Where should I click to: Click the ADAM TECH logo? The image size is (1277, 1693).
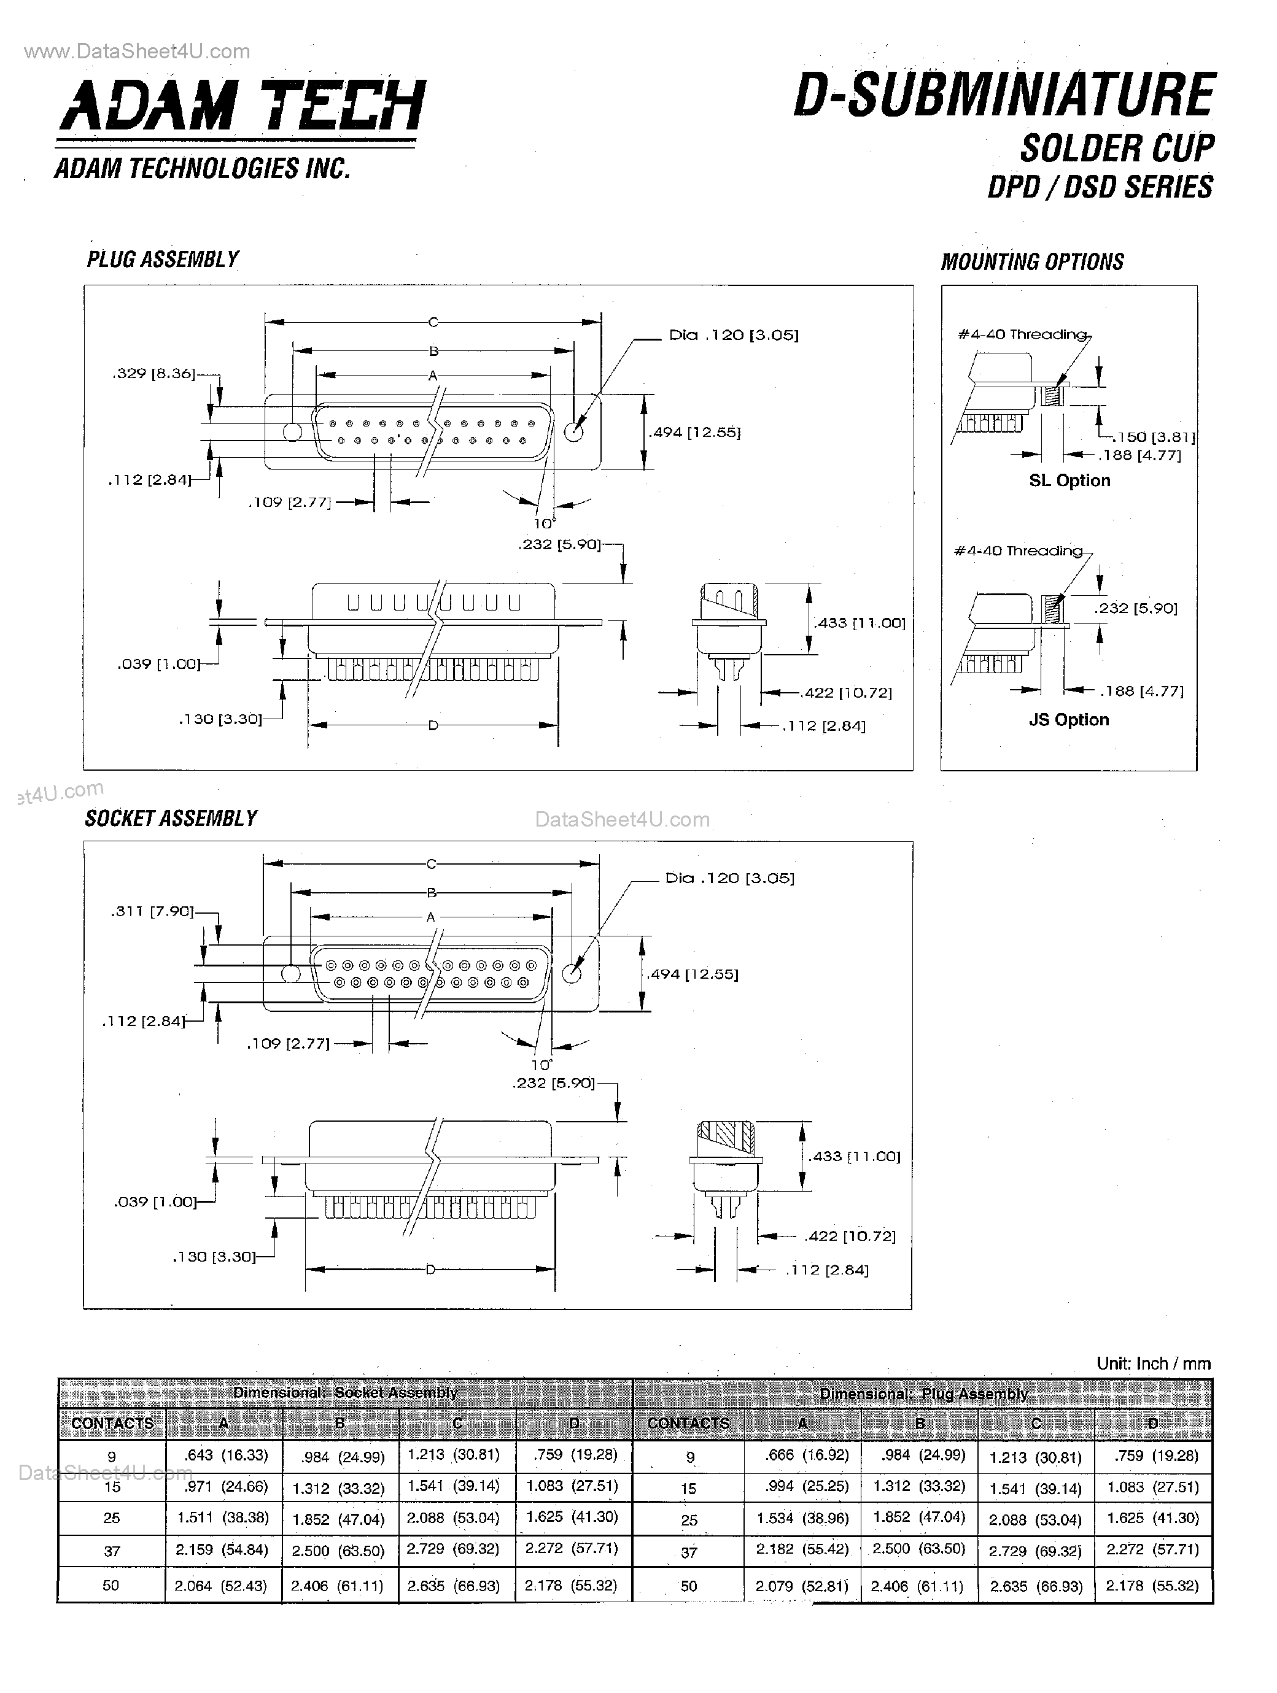click(242, 106)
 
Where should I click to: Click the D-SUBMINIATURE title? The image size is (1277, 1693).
click(1004, 96)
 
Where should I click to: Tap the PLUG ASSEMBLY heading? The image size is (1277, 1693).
click(162, 260)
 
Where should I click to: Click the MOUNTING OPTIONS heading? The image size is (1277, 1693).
click(1032, 262)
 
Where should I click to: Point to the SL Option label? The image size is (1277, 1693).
click(1069, 480)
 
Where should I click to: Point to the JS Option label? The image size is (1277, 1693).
click(1068, 719)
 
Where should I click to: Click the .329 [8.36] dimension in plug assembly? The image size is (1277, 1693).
click(153, 374)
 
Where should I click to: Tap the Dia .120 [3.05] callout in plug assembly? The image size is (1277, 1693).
click(734, 335)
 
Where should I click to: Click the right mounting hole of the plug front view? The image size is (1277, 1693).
click(573, 431)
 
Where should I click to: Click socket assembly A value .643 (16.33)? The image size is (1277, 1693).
click(224, 1455)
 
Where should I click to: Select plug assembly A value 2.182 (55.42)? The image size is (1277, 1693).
click(802, 1549)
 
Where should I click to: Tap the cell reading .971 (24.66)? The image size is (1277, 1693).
click(224, 1486)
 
